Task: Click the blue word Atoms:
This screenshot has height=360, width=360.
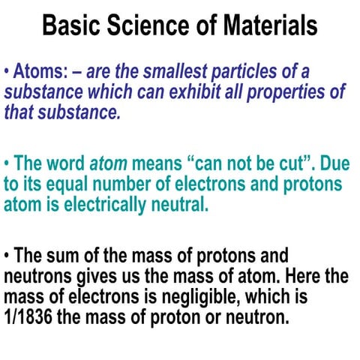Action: coord(44,72)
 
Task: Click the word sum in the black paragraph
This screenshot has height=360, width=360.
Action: coord(65,256)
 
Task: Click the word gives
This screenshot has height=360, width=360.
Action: coord(97,276)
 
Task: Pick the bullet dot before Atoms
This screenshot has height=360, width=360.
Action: coord(7,72)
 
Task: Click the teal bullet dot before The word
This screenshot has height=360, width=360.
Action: coord(7,164)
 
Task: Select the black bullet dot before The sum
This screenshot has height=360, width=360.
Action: coord(7,256)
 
